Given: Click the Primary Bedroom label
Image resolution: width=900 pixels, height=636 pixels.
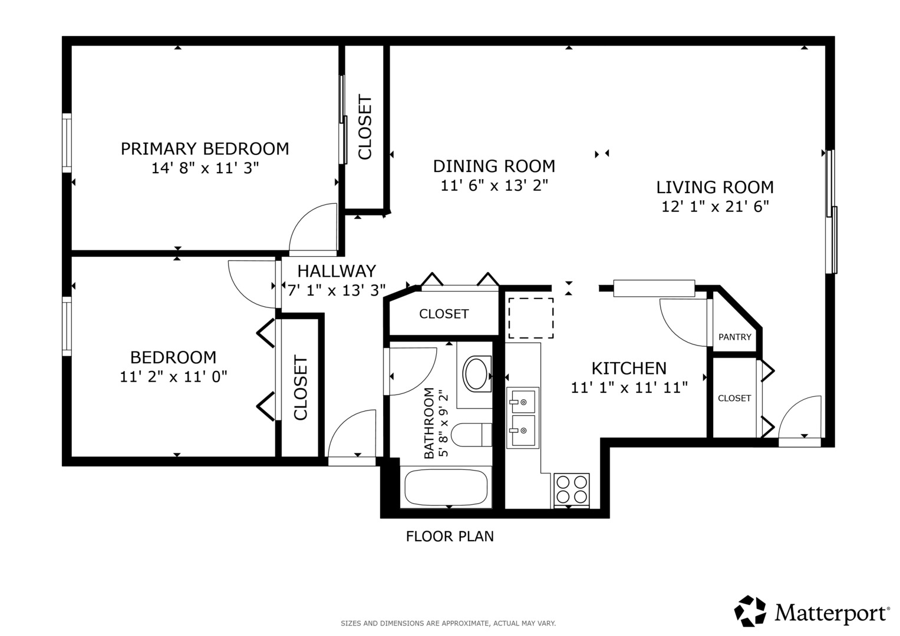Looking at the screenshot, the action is click(205, 149).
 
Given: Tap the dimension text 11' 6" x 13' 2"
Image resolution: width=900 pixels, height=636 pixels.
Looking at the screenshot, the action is click(494, 185).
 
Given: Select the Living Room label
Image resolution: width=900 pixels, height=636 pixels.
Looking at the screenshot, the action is click(715, 187).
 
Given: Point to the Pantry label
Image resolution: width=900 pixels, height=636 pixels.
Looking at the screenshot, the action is click(735, 337).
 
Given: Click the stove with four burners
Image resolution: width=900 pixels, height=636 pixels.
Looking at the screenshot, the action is click(571, 490).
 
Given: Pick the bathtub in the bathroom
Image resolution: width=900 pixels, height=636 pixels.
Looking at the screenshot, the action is click(446, 488).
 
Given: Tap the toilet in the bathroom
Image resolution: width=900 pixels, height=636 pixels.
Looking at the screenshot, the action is click(472, 435).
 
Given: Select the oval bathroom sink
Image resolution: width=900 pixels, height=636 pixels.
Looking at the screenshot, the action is click(476, 373).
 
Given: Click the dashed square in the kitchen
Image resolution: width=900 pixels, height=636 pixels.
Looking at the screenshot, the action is click(531, 318).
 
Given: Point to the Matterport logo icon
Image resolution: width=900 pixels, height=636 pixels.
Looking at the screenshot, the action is click(750, 611).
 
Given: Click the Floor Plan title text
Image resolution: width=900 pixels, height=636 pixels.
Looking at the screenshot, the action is click(450, 536).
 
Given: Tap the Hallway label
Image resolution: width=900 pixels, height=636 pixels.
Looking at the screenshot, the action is click(337, 271).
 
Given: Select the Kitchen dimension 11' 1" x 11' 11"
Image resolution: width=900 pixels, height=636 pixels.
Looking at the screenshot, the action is click(629, 387).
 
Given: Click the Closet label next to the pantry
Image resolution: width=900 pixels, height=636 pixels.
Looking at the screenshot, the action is click(734, 398).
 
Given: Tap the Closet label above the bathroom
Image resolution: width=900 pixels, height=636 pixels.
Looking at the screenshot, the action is click(444, 313).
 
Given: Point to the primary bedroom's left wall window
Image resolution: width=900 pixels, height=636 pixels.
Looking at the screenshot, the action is click(67, 143).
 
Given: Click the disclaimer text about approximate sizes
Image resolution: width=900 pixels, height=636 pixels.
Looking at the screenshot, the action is click(449, 624).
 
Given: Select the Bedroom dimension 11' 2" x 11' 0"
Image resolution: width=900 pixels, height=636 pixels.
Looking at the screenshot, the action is click(173, 377).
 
